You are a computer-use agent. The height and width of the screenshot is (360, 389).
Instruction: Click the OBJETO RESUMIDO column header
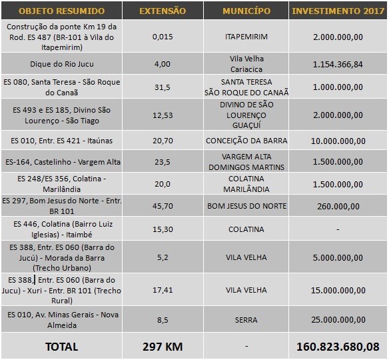[x=61, y=11]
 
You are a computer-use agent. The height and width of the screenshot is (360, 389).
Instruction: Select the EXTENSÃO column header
[x=163, y=11]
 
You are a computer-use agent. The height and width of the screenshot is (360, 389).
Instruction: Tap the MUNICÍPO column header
[x=246, y=11]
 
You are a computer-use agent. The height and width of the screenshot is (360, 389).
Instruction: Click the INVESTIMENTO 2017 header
[x=338, y=11]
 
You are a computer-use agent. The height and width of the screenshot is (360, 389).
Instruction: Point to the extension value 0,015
[x=163, y=37]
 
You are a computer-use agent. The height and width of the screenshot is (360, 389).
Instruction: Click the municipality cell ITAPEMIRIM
[x=246, y=37]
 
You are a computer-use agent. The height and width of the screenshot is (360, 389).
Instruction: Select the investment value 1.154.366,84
[x=338, y=64]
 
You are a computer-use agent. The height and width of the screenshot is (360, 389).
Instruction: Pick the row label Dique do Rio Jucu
[x=62, y=64]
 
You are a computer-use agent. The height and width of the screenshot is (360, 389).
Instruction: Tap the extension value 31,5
[x=163, y=87]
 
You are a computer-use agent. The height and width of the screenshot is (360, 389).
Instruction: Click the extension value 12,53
[x=163, y=115]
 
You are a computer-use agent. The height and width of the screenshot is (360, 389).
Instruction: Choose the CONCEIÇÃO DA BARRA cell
[x=246, y=141]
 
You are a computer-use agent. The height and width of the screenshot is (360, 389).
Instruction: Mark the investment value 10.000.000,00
[x=338, y=141]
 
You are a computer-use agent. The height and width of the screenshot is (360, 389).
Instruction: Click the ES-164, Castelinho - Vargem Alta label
[x=63, y=162]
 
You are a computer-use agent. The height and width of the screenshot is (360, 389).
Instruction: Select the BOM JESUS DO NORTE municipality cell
[x=247, y=206]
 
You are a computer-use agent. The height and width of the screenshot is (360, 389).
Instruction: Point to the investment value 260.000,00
[x=338, y=206]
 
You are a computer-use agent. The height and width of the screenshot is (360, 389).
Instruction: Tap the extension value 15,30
[x=163, y=229]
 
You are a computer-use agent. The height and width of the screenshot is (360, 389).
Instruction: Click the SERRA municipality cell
[x=246, y=320]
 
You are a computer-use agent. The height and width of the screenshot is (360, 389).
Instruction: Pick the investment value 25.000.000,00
[x=338, y=320]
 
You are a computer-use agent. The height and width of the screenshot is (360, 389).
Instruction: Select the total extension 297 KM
[x=163, y=347]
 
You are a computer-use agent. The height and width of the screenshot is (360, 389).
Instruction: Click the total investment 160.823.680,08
[x=338, y=347]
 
